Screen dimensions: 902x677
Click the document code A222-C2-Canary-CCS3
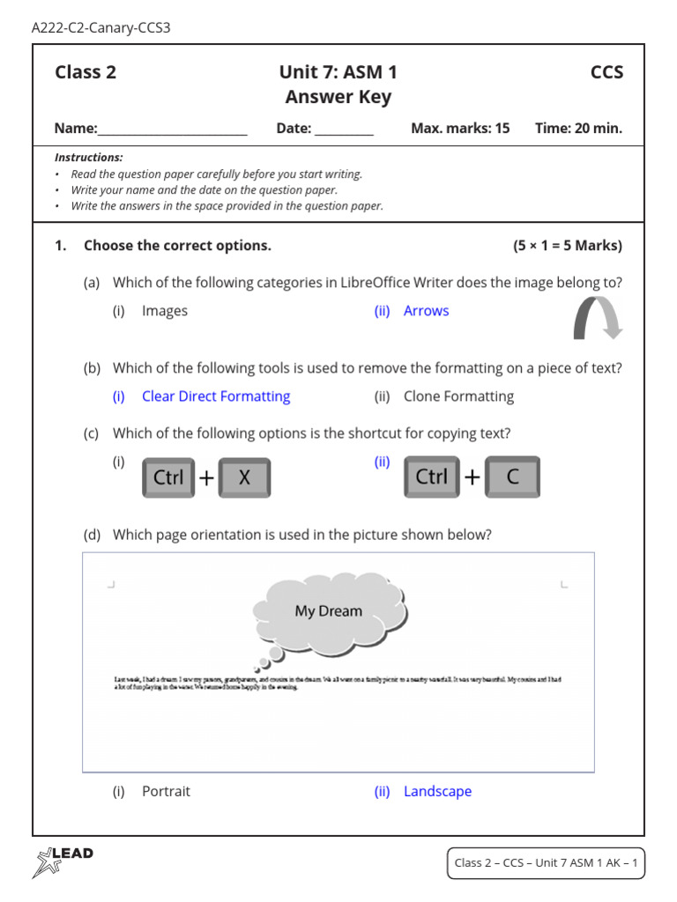click(x=100, y=28)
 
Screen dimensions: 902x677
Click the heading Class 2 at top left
click(x=86, y=72)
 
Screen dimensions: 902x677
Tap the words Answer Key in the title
click(x=338, y=97)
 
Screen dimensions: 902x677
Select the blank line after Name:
click(x=173, y=129)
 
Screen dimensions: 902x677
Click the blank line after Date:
click(x=344, y=129)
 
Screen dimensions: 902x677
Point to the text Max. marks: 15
click(x=460, y=129)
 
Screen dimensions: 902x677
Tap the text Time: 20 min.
click(x=578, y=129)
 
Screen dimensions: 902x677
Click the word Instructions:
click(x=89, y=158)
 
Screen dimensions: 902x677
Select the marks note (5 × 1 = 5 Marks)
click(x=568, y=246)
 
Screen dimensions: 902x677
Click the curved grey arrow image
click(x=597, y=318)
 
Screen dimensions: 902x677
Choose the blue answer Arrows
click(x=426, y=311)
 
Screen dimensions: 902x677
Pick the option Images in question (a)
click(x=165, y=311)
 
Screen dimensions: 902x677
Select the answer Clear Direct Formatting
click(x=216, y=396)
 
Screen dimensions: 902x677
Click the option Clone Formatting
click(x=458, y=396)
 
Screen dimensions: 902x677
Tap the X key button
click(x=244, y=477)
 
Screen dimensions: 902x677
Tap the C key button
click(x=512, y=477)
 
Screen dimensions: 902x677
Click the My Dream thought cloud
click(x=329, y=610)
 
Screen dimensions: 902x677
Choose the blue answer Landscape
click(x=437, y=791)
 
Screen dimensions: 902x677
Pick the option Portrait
click(x=166, y=791)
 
